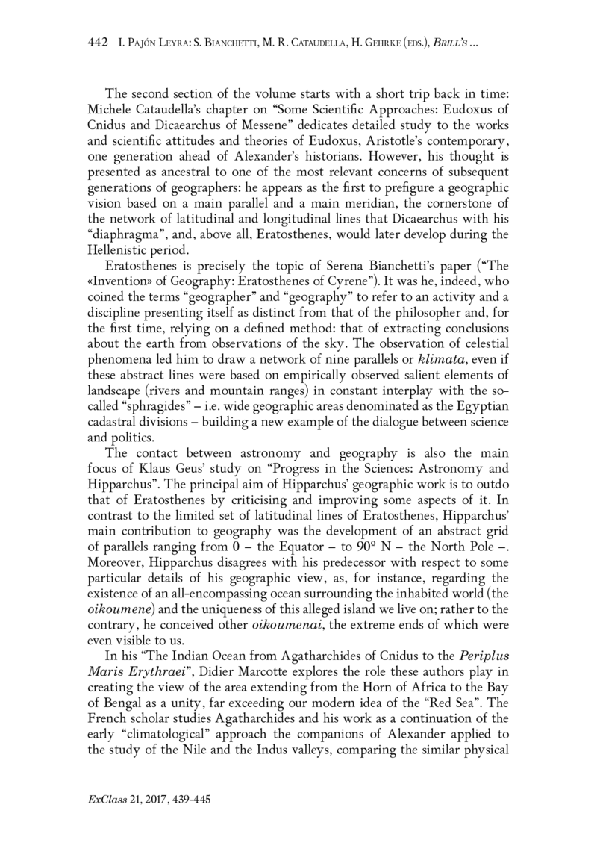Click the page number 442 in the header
[x=98, y=45]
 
